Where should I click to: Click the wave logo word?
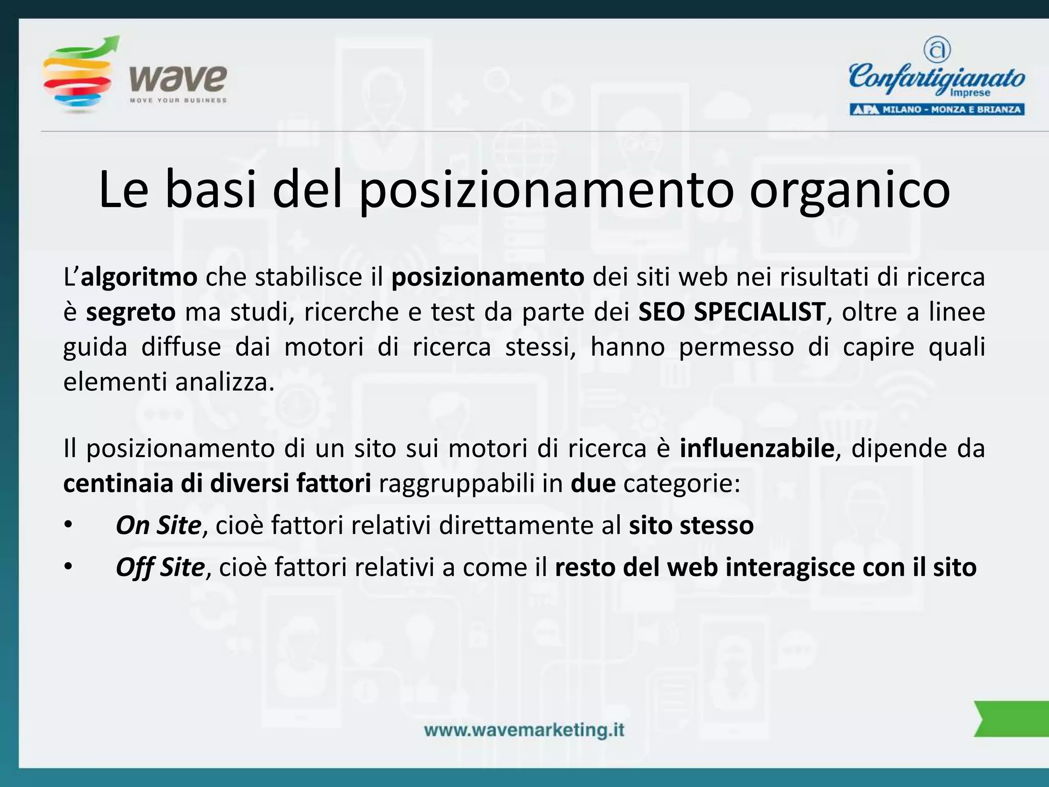pos(178,78)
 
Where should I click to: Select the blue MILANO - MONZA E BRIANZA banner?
pos(937,109)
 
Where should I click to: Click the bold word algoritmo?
pos(139,277)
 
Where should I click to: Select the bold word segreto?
pos(131,312)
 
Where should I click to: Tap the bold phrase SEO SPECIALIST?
pos(732,312)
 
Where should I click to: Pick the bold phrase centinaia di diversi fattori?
pos(217,483)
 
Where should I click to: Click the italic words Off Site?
pos(160,567)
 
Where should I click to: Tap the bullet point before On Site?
pos(69,526)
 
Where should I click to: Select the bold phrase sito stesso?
pos(691,525)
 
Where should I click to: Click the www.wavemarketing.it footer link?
pos(524,730)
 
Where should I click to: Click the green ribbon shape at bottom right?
pos(1012,718)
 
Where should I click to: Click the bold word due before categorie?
pos(593,483)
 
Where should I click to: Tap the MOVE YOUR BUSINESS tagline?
pos(178,100)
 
